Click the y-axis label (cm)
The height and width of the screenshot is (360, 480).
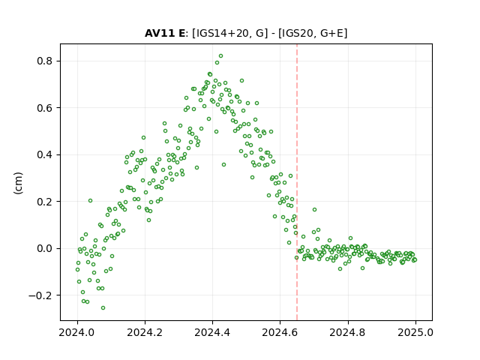coord(18,183)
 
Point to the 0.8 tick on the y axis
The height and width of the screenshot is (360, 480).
coord(44,61)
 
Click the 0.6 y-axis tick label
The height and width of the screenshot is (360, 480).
coord(44,108)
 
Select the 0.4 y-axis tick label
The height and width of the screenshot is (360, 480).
coord(44,154)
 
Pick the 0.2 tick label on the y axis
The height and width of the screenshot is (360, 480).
coord(44,202)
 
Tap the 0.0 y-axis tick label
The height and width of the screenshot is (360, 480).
coord(44,248)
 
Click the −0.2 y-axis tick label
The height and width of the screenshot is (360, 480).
coord(40,295)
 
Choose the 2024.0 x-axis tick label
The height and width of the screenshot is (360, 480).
coord(77,332)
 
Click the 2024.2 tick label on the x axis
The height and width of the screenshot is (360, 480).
coord(145,332)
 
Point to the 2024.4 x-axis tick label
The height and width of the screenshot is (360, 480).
coord(212,332)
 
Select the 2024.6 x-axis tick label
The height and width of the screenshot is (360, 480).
coord(280,332)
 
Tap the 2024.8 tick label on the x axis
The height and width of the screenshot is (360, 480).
coord(348,332)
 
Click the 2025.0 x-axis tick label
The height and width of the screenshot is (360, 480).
coord(415,332)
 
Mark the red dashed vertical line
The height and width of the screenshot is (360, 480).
coord(297,182)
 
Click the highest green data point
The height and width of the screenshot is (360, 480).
coord(220,56)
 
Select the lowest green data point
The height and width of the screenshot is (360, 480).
coord(103,307)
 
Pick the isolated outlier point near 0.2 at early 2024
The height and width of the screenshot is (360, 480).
coord(90,201)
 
